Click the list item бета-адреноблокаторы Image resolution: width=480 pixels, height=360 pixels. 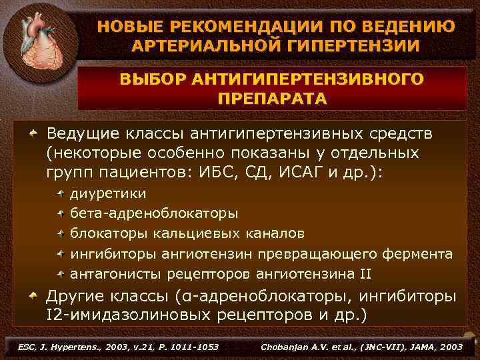(154, 214)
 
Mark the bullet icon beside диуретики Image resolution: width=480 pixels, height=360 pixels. (61, 194)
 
